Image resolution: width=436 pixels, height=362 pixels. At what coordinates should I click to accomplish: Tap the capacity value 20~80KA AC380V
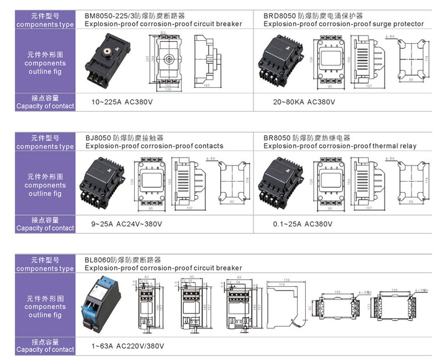pyautogui.click(x=305, y=102)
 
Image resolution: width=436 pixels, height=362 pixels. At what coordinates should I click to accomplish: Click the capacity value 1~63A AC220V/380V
pyautogui.click(x=128, y=346)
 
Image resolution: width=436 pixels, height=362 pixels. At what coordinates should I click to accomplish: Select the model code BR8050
pyautogui.click(x=277, y=138)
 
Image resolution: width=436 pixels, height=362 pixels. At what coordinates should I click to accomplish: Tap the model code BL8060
pyautogui.click(x=97, y=260)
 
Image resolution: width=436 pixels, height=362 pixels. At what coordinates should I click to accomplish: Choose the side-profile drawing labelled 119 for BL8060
pyautogui.click(x=285, y=306)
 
